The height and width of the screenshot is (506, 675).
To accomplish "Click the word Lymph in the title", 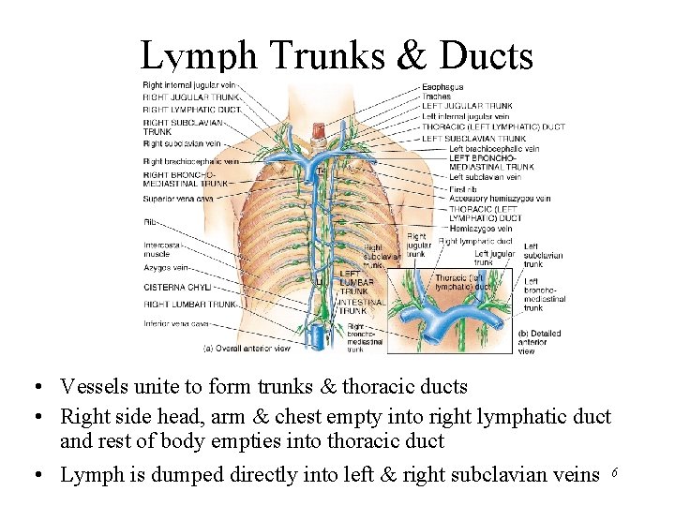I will (x=198, y=57).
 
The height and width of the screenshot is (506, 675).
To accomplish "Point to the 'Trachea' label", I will (x=436, y=97).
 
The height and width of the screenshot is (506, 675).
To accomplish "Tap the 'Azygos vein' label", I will (x=164, y=268).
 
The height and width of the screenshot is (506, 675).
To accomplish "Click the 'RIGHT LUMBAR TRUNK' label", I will (x=189, y=305).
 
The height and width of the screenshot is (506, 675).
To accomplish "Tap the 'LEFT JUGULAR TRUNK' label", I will (x=466, y=106).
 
